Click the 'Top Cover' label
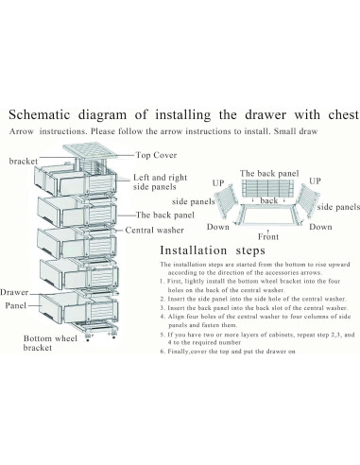tap(156, 155)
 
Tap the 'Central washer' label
tap(154, 230)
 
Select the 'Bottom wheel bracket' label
tap(50, 343)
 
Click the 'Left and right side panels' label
tap(160, 182)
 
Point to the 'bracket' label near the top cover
tap(24, 161)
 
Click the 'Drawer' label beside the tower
tap(14, 292)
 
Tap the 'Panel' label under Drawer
tap(15, 305)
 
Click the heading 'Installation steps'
tap(213, 250)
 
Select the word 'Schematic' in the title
tap(40, 114)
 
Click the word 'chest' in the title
tap(343, 114)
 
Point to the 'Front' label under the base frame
tap(268, 236)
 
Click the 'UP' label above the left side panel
tap(218, 183)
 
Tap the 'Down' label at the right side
tap(320, 227)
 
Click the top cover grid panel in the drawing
tap(90, 152)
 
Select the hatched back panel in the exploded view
tap(268, 188)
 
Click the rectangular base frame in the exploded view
tap(268, 215)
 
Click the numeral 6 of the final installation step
tap(162, 352)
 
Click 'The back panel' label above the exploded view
tap(269, 174)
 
